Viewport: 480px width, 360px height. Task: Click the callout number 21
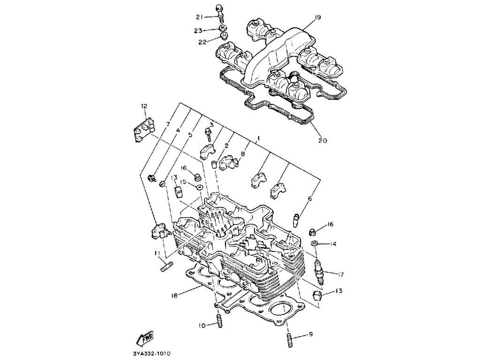[x=199, y=17]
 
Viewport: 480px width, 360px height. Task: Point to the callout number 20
[x=322, y=140]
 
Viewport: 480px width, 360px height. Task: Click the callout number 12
[x=143, y=106]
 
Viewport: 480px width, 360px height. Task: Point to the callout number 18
[x=174, y=296]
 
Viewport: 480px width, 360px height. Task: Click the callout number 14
[x=333, y=244]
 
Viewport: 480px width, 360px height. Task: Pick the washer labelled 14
[x=314, y=244]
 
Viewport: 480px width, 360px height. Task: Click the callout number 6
[x=309, y=199]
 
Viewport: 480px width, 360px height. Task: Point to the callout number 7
[x=167, y=124]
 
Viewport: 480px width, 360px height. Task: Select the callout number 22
[x=202, y=42]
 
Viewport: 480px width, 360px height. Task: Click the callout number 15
[x=184, y=181]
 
